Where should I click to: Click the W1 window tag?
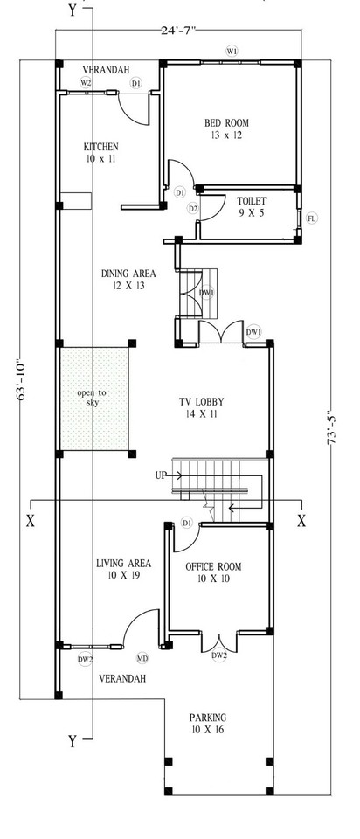tap(232, 52)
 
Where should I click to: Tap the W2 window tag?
tap(86, 82)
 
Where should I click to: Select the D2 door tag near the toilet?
tap(193, 208)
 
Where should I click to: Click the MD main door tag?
tap(142, 658)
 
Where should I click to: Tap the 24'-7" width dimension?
tap(179, 30)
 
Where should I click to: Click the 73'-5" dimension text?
tap(333, 429)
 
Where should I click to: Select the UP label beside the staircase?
tap(161, 475)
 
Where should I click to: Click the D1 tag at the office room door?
tap(187, 523)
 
